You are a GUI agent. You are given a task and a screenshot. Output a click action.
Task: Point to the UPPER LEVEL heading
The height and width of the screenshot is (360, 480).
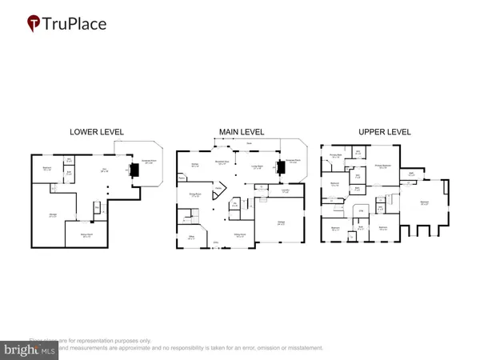[386, 132]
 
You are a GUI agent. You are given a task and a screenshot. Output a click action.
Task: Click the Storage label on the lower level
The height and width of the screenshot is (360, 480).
[53, 215]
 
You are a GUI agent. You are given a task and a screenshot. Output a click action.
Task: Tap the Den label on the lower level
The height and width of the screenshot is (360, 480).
[103, 169]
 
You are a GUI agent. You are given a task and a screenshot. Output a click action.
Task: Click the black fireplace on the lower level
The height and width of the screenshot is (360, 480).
[133, 170]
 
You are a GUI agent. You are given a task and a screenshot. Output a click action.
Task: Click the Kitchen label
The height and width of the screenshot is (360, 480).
[194, 166]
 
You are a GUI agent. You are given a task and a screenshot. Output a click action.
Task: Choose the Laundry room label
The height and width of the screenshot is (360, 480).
[264, 190]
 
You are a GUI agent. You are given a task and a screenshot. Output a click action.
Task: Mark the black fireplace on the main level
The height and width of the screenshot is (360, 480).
[281, 168]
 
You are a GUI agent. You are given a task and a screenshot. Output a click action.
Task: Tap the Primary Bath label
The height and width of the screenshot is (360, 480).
[336, 157]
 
